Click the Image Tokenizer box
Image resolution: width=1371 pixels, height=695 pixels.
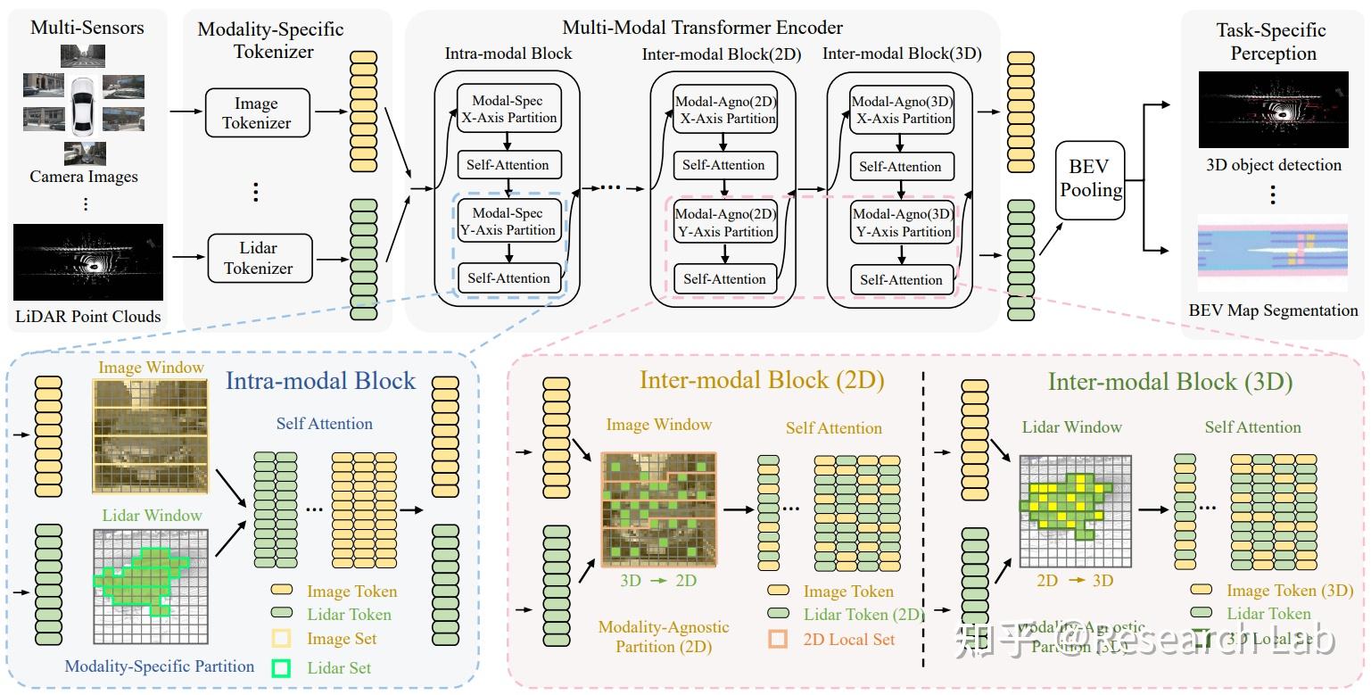click(x=257, y=113)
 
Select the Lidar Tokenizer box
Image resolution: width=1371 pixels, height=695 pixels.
click(x=258, y=258)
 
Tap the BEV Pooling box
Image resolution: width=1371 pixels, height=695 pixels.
click(x=1090, y=179)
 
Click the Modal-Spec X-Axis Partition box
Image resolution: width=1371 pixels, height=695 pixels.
click(x=508, y=109)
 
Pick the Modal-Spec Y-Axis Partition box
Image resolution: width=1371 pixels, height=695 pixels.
click(x=508, y=221)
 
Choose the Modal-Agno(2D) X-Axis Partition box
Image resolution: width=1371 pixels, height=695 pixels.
click(x=724, y=110)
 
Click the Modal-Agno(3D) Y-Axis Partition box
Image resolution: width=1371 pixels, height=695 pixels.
click(x=901, y=222)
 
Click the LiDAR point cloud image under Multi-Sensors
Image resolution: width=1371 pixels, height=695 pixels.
click(x=88, y=262)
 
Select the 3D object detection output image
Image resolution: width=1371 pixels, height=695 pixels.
click(x=1273, y=109)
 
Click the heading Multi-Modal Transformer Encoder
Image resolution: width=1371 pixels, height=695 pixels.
click(x=702, y=28)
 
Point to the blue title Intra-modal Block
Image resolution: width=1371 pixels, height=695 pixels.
click(x=320, y=381)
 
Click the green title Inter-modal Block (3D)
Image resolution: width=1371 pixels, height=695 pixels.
click(x=1169, y=382)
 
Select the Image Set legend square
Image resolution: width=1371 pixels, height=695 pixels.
click(x=282, y=639)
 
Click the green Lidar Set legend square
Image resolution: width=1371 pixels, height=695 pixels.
click(x=282, y=667)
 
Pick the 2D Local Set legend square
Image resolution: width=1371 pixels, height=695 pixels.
click(x=778, y=639)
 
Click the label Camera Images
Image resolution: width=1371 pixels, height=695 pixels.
click(x=84, y=177)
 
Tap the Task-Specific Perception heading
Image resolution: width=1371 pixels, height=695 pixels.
click(x=1273, y=42)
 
